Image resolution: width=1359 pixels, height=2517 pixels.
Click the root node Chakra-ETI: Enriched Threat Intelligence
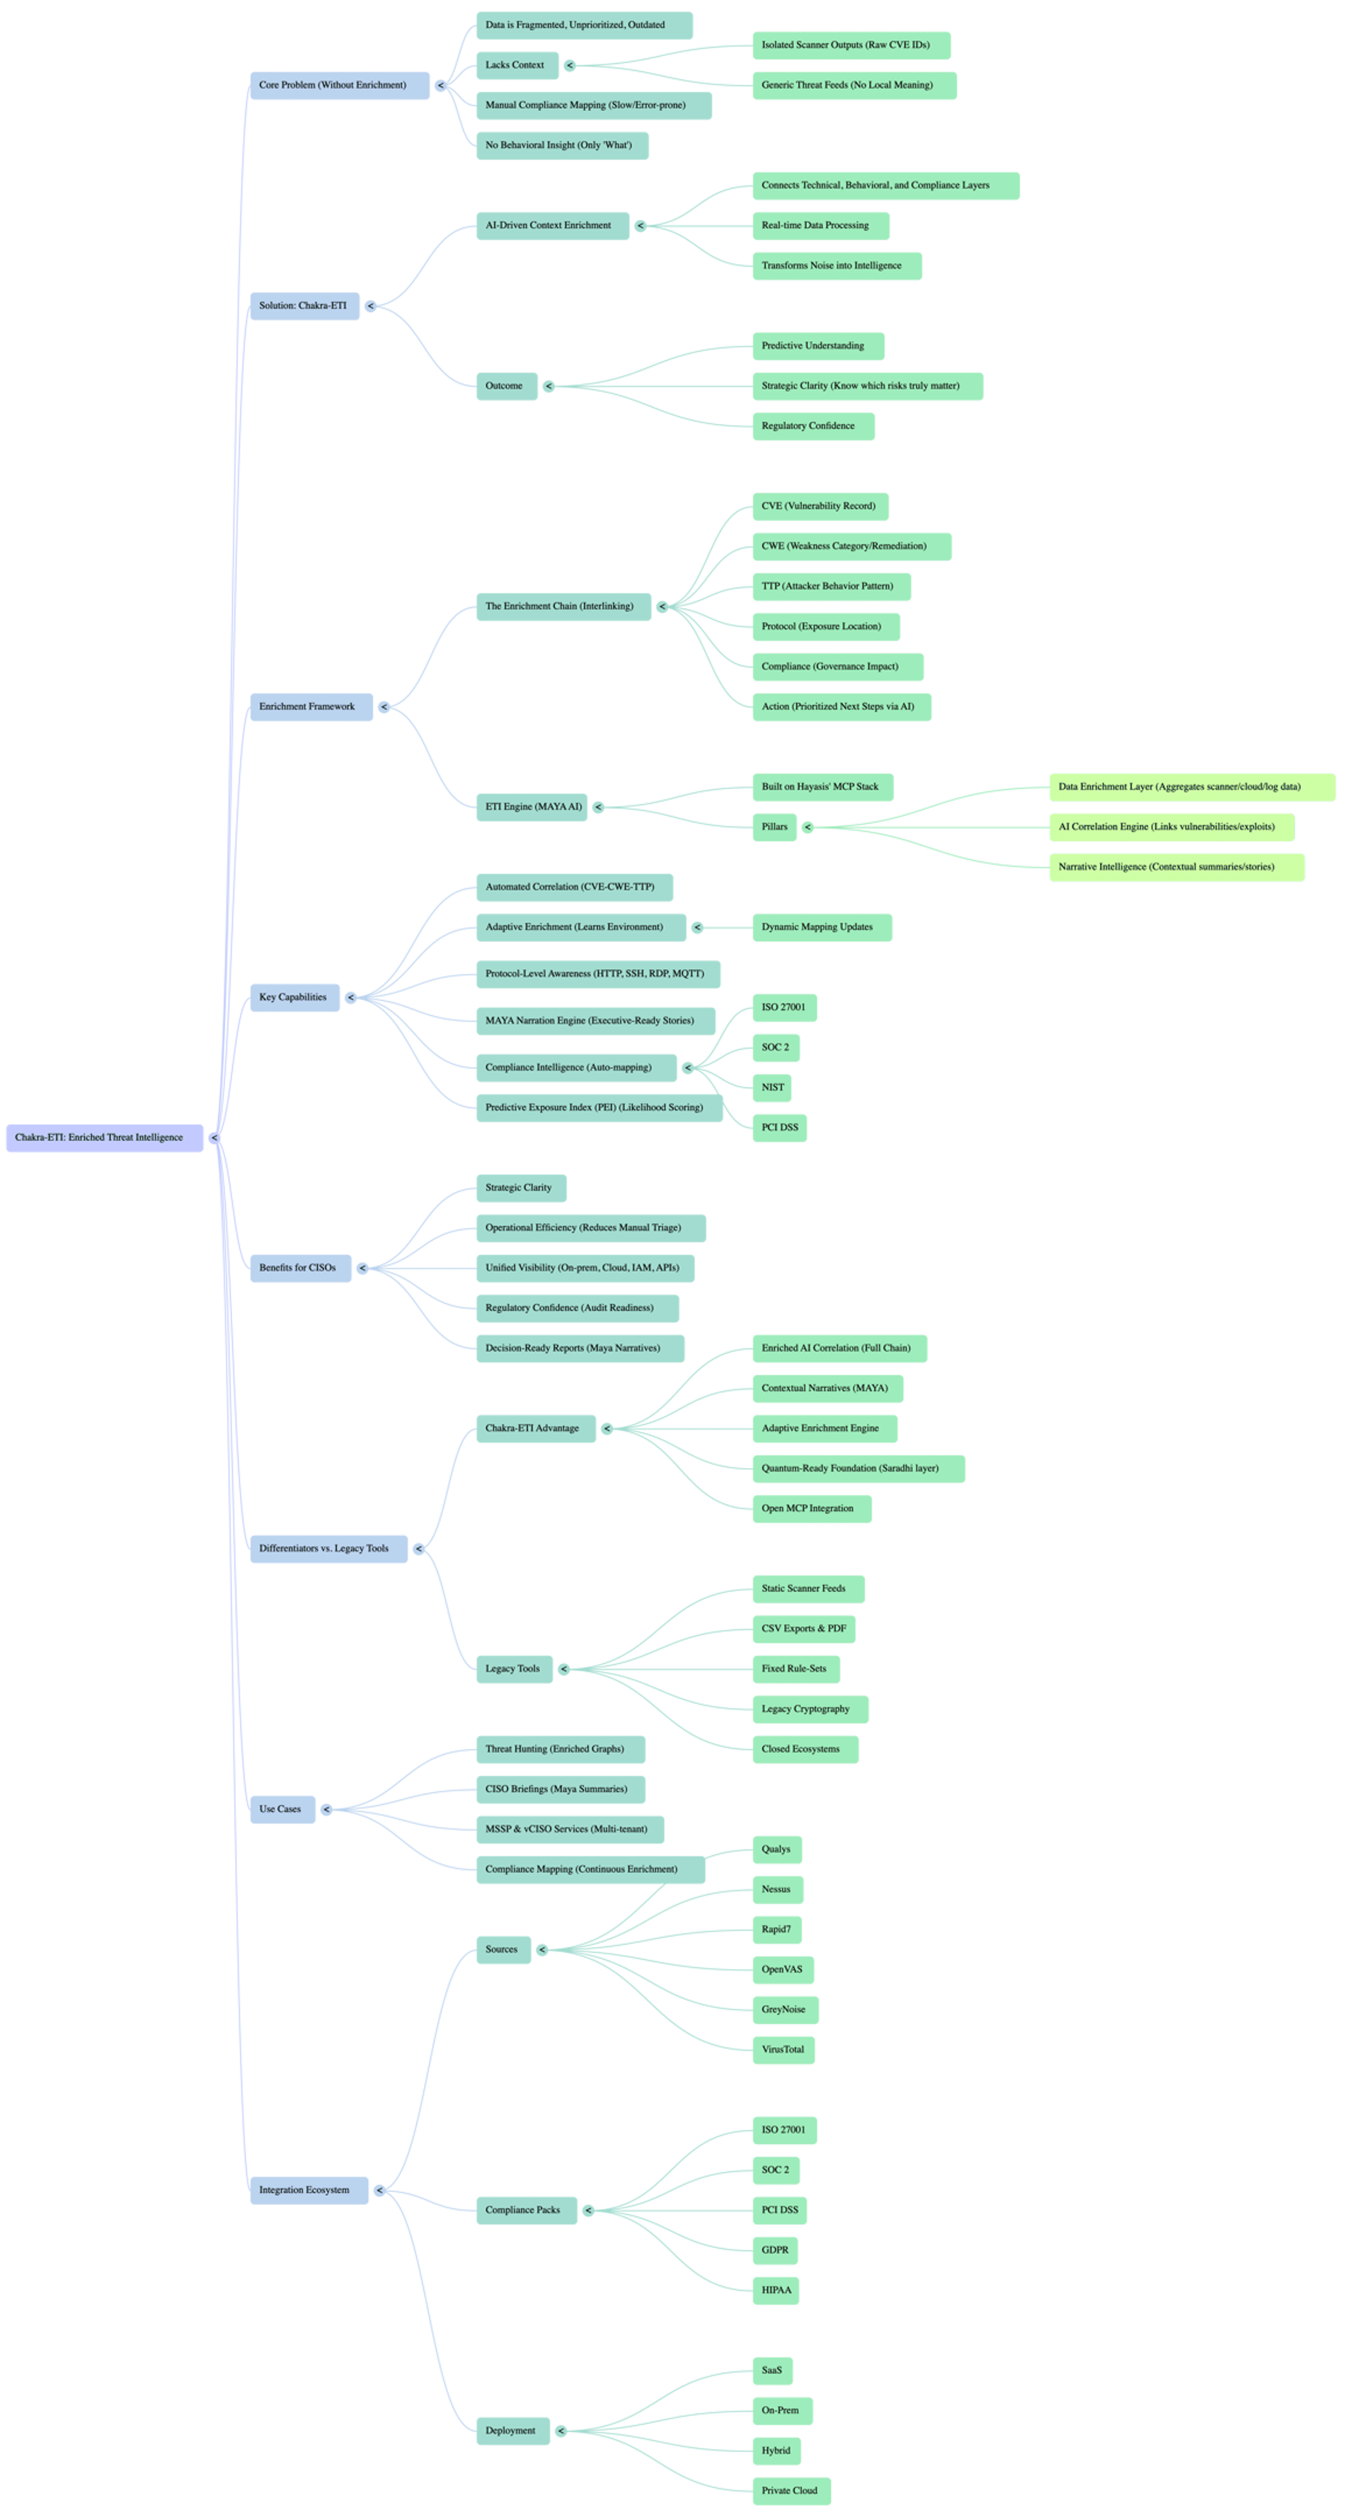(103, 1137)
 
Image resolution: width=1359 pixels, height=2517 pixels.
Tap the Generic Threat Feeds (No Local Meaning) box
(853, 85)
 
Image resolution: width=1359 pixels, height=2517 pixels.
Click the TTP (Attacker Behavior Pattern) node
(830, 586)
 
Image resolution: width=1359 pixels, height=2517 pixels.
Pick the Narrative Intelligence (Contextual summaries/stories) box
(1176, 866)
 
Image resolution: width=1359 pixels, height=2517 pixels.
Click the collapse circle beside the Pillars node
(807, 827)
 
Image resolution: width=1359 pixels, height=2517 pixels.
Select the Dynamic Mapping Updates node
(820, 927)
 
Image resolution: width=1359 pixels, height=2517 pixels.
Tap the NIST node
(772, 1087)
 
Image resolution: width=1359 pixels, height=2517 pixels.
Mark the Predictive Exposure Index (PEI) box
(599, 1108)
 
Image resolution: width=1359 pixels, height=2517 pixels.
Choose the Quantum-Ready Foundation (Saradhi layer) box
(858, 1469)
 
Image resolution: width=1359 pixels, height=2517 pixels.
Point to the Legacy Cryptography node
(809, 1709)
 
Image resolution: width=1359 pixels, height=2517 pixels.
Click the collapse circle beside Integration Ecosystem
(380, 2190)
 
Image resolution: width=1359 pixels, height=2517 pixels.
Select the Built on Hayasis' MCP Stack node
(822, 786)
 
